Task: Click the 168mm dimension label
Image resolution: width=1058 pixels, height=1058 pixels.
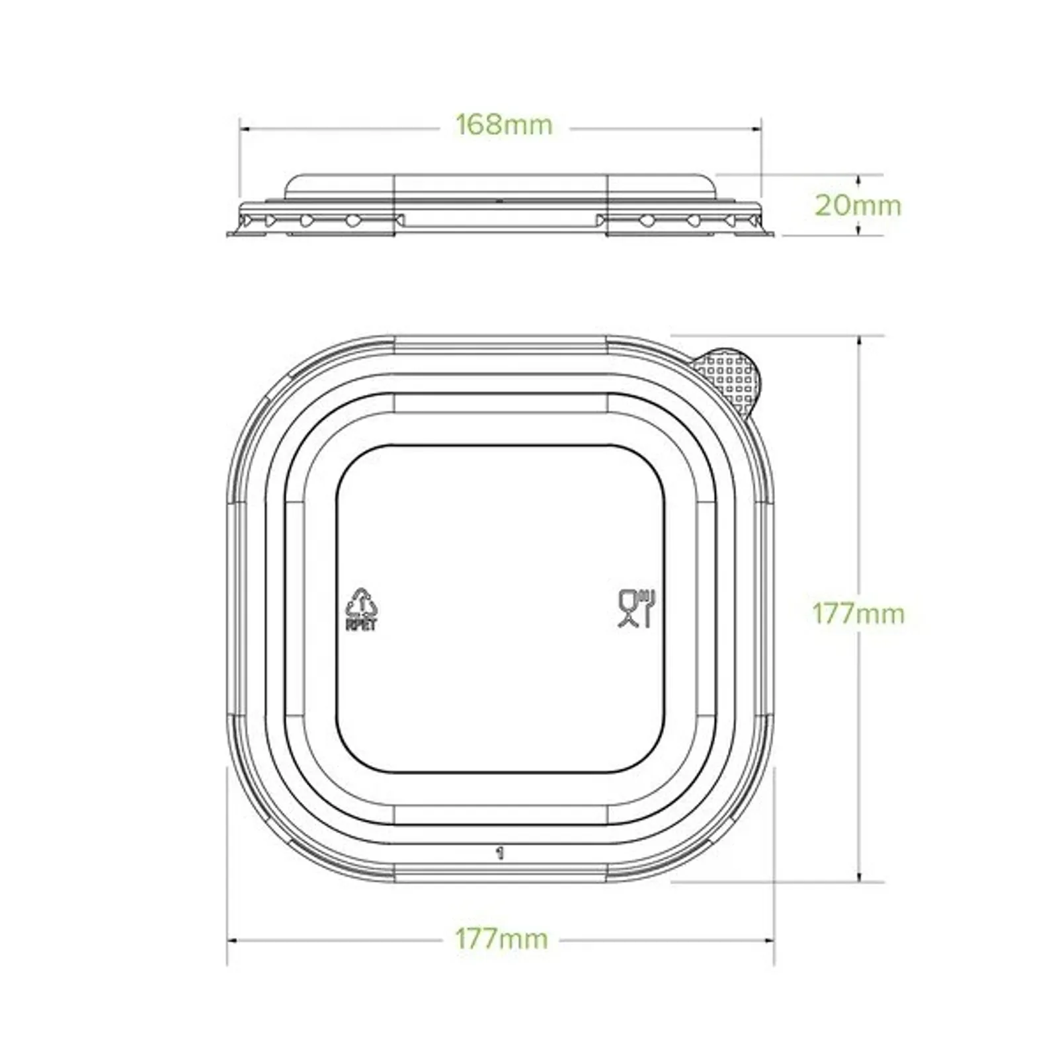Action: tap(504, 125)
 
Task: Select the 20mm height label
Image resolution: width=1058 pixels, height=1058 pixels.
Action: tap(857, 206)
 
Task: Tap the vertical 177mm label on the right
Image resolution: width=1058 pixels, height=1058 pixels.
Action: tap(858, 614)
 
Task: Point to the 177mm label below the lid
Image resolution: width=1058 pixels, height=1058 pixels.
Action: tap(501, 939)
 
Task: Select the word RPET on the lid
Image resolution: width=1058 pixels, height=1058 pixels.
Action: tap(361, 625)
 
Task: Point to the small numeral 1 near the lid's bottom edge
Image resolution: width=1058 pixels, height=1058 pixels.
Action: tap(501, 852)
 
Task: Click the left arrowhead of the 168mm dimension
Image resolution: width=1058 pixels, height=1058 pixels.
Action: tap(243, 129)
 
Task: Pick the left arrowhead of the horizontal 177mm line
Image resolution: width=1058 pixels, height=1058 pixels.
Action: tap(231, 940)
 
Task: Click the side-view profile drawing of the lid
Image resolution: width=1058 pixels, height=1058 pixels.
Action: tap(501, 205)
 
